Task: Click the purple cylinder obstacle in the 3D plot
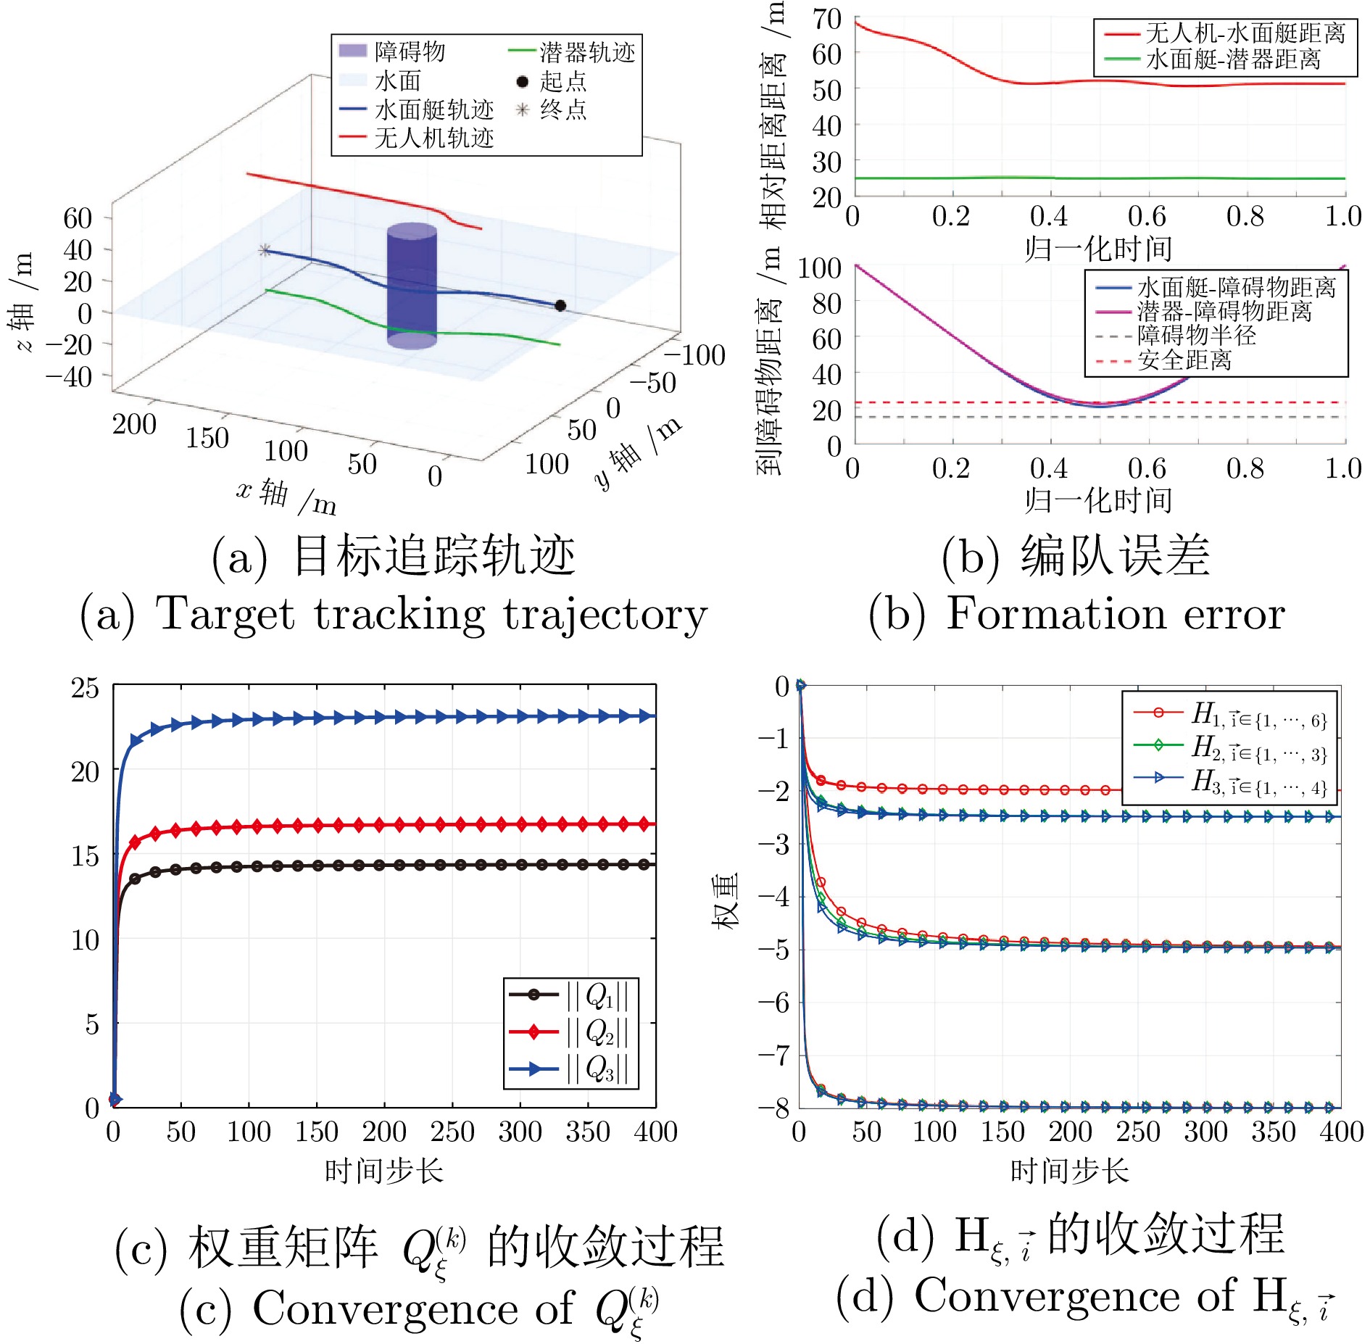[412, 286]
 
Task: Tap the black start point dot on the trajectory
[560, 306]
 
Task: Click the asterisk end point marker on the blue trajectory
[265, 251]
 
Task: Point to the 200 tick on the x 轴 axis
[134, 424]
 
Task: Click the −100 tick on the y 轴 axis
[694, 355]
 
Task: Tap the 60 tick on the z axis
[78, 218]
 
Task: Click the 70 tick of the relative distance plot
[827, 19]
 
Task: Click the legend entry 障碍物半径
[1196, 336]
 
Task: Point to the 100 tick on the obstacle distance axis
[820, 268]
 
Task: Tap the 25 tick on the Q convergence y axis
[85, 687]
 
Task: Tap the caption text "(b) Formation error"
[1076, 613]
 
